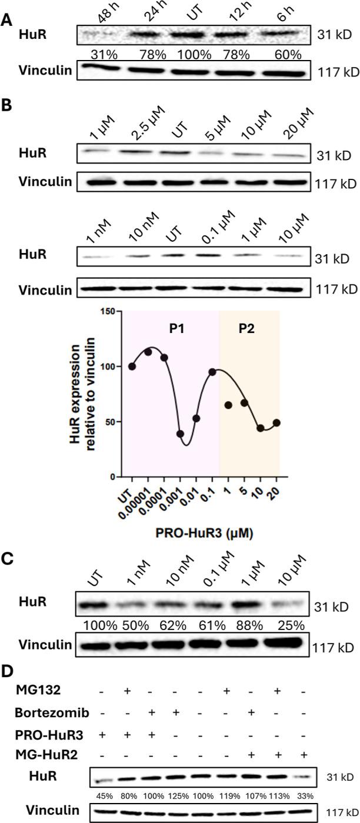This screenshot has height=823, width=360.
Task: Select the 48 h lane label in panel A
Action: tap(97, 12)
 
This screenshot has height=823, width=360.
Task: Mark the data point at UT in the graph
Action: tap(132, 366)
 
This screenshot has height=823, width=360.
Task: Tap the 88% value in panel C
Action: tap(246, 619)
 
